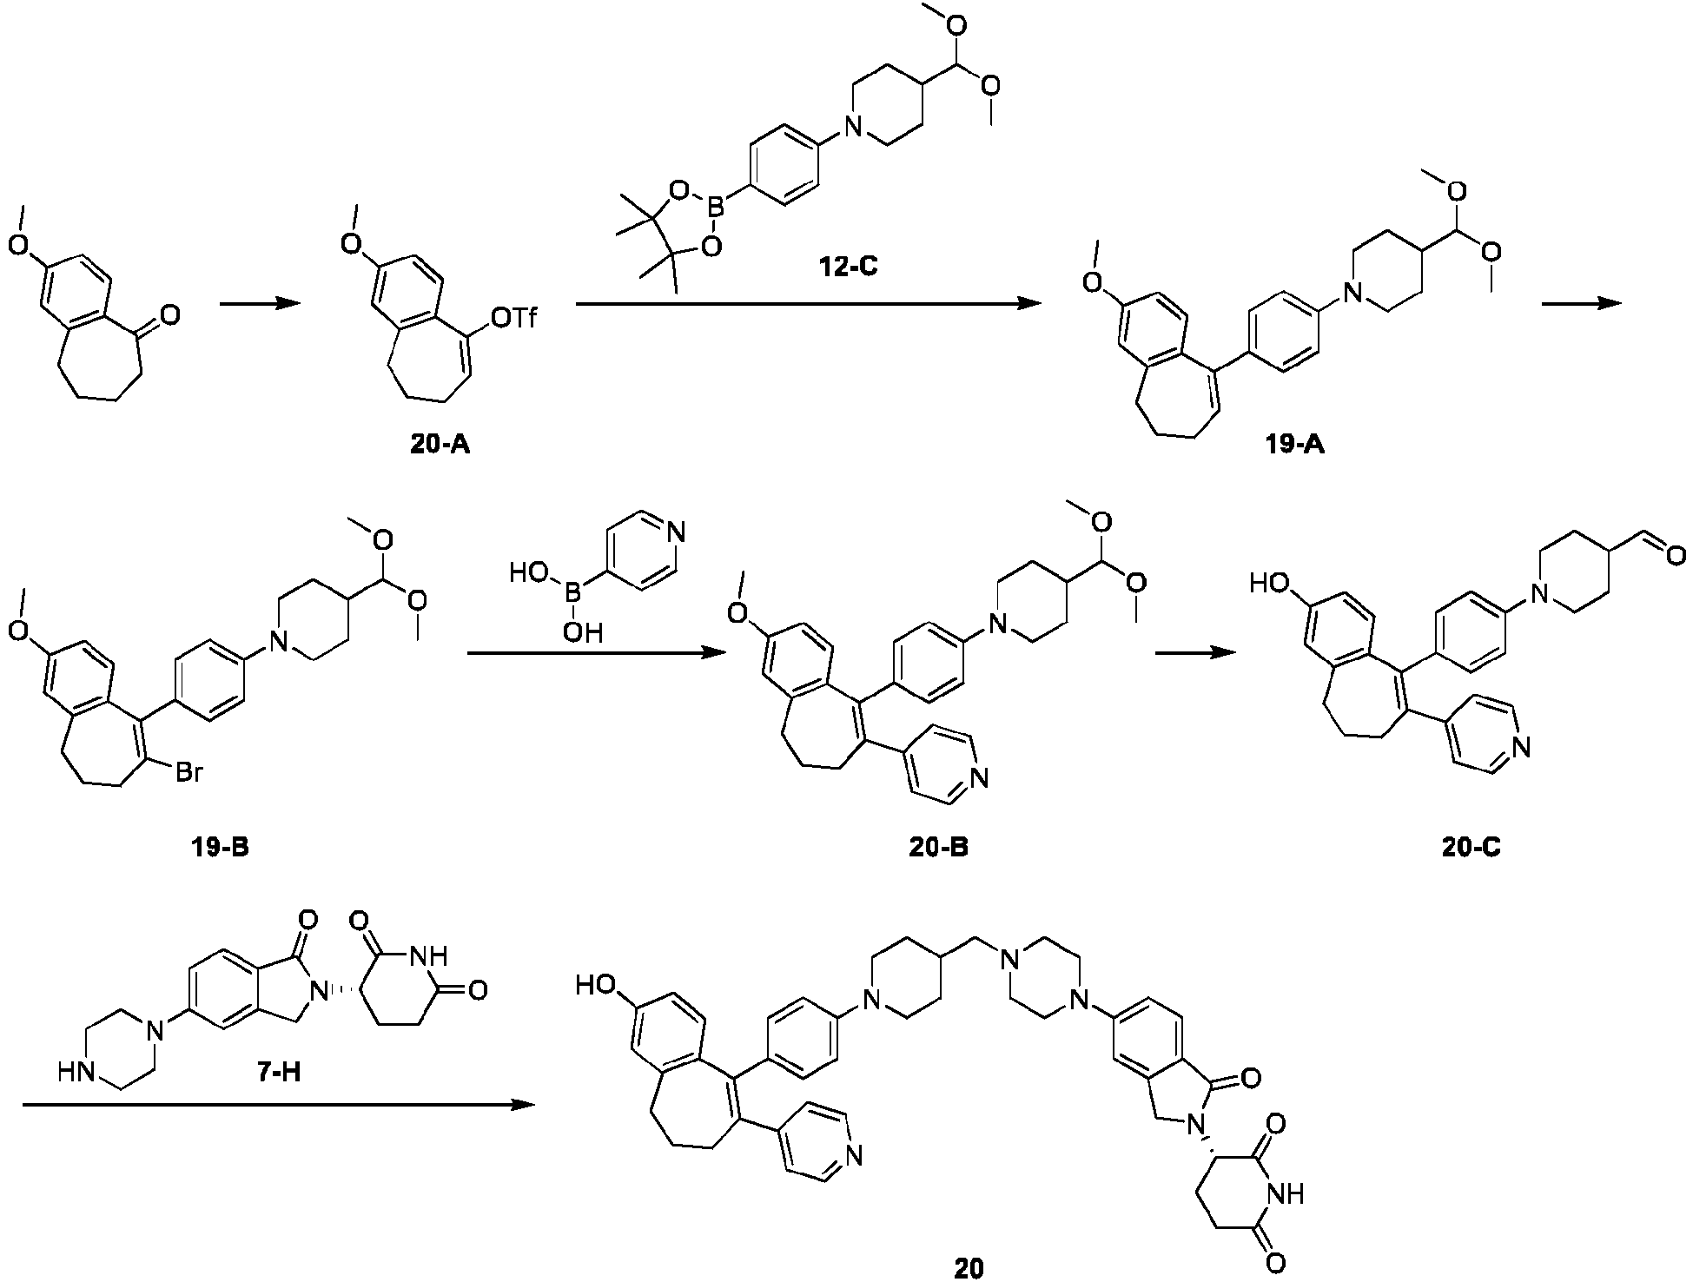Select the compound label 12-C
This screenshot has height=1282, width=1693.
coord(846,266)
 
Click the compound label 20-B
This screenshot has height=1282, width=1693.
coord(937,847)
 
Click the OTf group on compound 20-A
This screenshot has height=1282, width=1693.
coord(514,320)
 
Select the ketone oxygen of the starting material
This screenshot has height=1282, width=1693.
coord(170,314)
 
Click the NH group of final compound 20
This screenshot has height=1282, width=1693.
coord(1286,1195)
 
